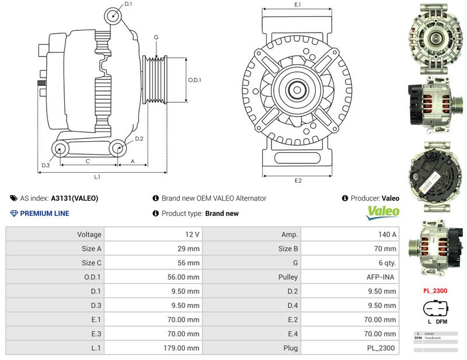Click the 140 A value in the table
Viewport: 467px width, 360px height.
coord(387,234)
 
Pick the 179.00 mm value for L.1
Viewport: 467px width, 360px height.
coord(183,348)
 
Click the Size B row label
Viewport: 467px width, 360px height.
coord(288,249)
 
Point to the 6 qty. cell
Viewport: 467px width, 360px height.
coord(386,263)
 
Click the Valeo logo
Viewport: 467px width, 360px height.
coord(383,212)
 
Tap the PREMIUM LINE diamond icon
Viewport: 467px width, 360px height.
coord(14,214)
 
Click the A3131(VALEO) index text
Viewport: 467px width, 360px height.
coord(75,198)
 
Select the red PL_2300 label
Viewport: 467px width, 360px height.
coord(435,290)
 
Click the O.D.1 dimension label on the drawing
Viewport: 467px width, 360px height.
coord(194,80)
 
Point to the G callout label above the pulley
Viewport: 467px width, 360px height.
coord(156,37)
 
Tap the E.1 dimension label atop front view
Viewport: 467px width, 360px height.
coord(298,5)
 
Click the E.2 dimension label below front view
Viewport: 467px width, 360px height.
coord(298,181)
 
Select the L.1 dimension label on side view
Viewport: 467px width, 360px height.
coord(97,176)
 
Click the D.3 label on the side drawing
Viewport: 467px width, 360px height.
coord(46,166)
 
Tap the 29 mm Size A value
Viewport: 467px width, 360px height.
coord(190,249)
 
